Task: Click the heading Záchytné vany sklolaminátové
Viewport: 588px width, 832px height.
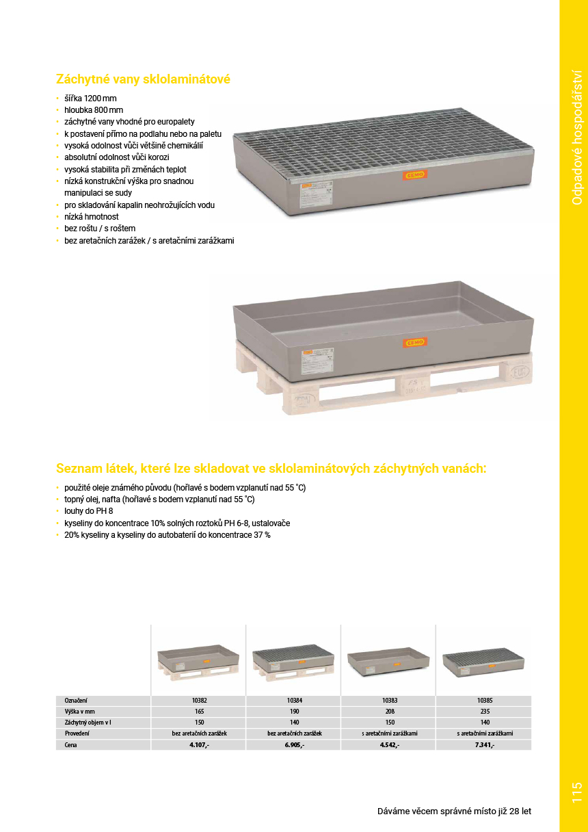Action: tap(143, 79)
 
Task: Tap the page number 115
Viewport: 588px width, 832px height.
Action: tap(576, 792)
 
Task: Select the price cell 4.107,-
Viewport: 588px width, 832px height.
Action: tap(199, 745)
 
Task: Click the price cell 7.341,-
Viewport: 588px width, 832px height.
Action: tap(485, 745)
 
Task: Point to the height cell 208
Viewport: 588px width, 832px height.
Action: tap(389, 712)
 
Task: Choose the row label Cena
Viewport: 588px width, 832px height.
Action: tap(71, 745)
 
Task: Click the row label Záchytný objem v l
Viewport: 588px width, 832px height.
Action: tap(88, 723)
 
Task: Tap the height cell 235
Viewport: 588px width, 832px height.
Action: tap(485, 712)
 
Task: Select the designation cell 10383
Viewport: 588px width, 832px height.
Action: tap(389, 701)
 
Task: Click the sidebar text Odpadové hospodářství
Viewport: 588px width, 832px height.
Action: tap(577, 137)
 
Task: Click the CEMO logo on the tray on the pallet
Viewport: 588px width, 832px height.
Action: tap(414, 341)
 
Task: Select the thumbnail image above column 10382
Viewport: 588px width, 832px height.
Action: tap(198, 659)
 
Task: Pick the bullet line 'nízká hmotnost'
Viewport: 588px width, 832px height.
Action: tap(91, 216)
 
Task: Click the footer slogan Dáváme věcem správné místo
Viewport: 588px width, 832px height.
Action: tap(454, 811)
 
